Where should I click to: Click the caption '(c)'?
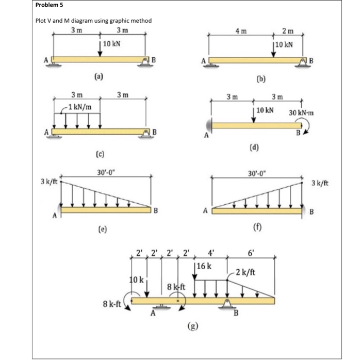pos(98,154)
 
